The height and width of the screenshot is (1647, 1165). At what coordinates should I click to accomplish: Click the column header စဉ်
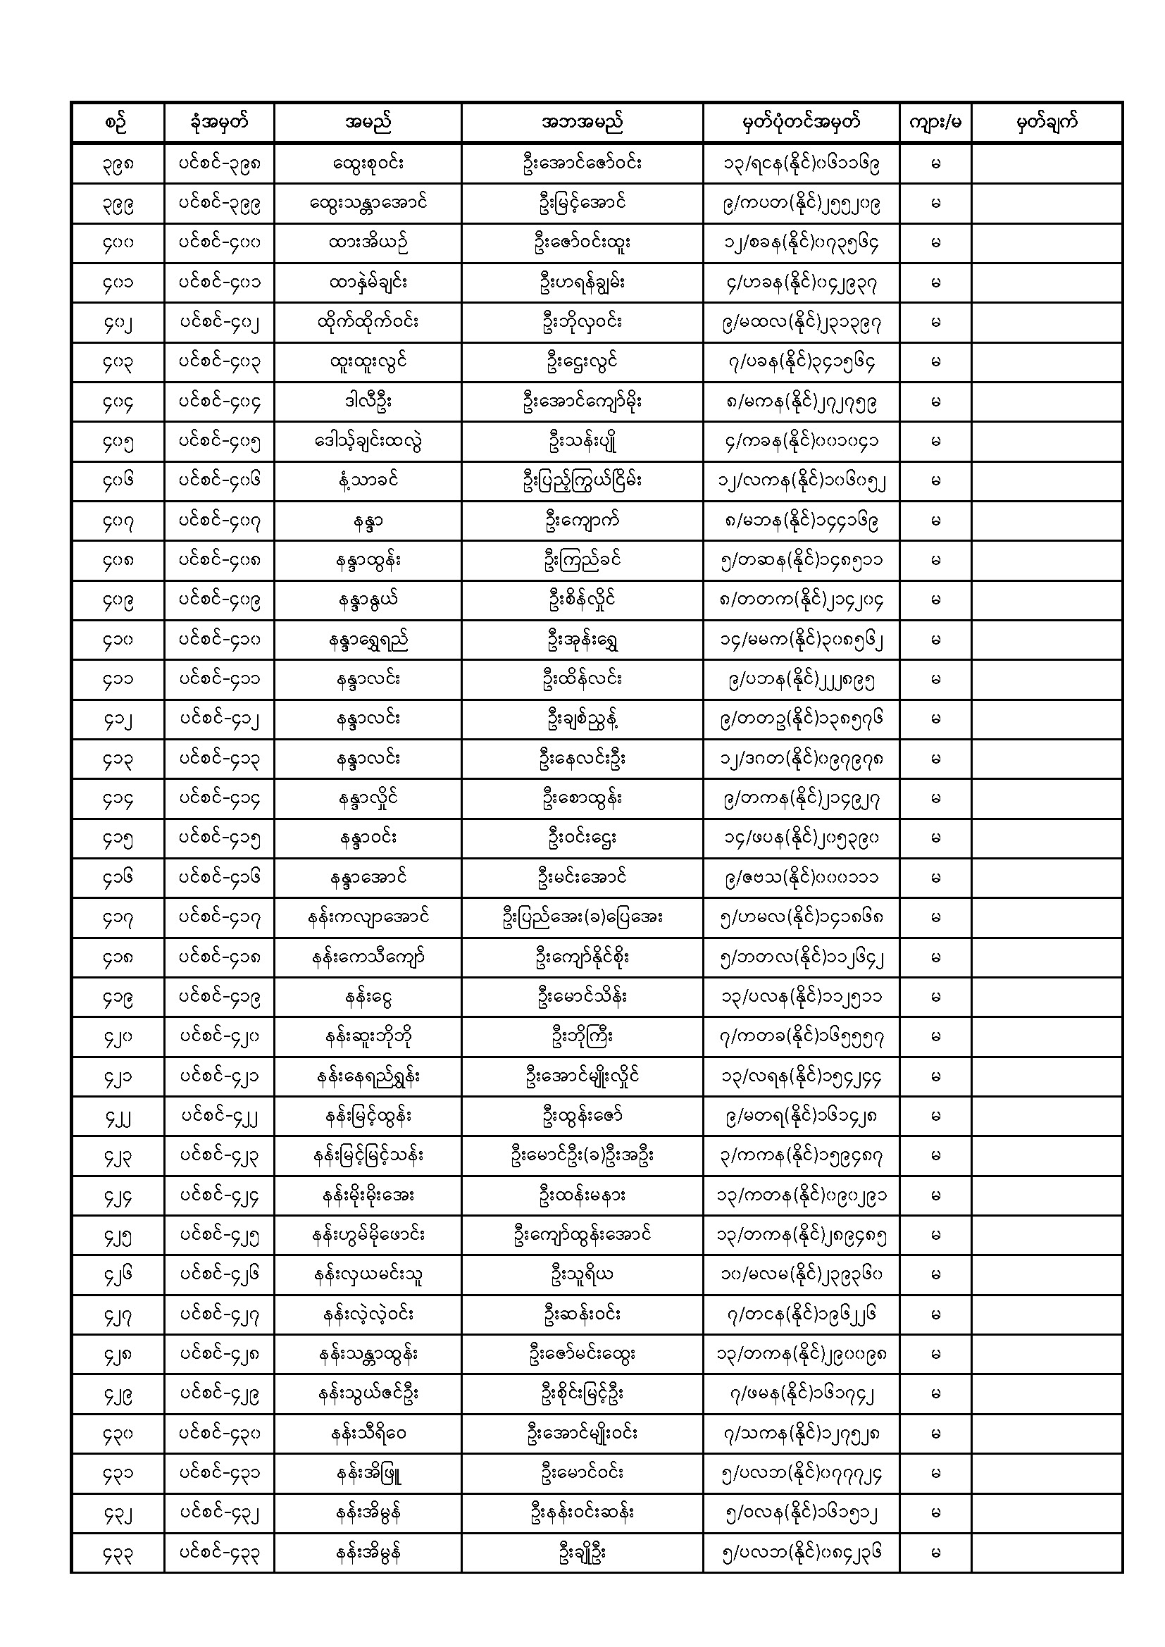pos(118,122)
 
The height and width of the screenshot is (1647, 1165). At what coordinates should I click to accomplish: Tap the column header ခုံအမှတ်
pos(219,122)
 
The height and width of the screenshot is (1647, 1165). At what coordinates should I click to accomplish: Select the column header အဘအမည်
pos(582,122)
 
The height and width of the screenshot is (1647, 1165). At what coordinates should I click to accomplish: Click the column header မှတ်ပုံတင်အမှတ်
pos(801,122)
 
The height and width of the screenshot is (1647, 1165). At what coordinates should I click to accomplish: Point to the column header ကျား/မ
pos(935,122)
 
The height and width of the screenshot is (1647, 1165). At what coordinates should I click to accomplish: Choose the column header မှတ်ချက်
pos(1047,122)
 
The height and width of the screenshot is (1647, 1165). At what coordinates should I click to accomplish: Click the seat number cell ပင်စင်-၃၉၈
pos(219,163)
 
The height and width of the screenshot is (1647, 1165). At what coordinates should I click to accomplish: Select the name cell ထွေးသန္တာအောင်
pos(367,203)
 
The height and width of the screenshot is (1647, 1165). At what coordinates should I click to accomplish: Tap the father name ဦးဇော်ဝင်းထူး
pos(582,242)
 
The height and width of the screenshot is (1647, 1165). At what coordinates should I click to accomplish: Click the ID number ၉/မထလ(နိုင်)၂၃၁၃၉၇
pos(801,322)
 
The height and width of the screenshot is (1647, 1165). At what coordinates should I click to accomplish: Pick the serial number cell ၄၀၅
pos(118,441)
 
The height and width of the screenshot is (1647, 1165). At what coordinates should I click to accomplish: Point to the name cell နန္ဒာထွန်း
pos(367,560)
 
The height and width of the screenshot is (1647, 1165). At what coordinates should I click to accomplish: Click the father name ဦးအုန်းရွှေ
pos(582,640)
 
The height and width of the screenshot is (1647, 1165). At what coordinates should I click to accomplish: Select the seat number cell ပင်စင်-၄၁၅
pos(219,838)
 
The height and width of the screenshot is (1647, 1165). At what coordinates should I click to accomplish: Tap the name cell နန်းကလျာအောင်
pos(367,917)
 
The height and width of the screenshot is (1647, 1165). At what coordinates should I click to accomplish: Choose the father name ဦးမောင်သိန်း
pos(582,997)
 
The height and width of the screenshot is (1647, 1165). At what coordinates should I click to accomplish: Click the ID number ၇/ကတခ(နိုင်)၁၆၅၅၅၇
pos(801,1036)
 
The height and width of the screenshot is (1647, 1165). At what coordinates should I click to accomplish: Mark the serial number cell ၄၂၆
pos(118,1275)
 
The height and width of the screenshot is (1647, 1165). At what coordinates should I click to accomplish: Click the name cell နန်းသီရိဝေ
pos(367,1434)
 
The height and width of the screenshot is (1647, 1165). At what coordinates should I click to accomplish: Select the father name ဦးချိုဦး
pos(582,1553)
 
